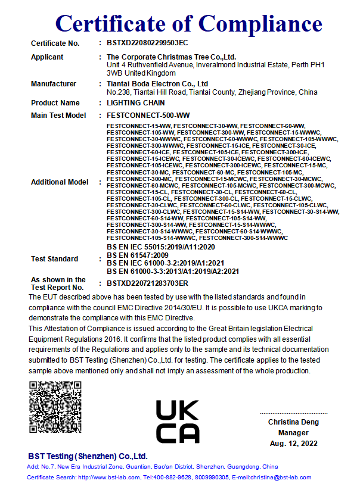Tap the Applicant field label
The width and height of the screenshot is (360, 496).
(x=47, y=57)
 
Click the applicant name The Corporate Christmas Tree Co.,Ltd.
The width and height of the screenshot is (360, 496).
(x=163, y=57)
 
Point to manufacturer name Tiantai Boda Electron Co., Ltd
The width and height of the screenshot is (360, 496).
(x=157, y=84)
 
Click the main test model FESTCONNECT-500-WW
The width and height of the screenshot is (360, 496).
(x=144, y=115)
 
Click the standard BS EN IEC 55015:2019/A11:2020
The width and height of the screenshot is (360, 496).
(x=160, y=247)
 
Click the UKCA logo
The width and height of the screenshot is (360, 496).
(x=178, y=421)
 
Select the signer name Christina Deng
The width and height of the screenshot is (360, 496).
(x=293, y=422)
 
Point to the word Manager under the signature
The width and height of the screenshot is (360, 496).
(x=293, y=433)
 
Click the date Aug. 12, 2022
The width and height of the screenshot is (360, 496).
(x=293, y=444)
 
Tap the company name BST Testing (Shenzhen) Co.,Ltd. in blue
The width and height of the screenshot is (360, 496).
(x=88, y=456)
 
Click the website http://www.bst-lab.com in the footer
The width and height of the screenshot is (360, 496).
(x=108, y=478)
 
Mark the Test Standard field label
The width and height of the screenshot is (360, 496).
(x=54, y=259)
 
